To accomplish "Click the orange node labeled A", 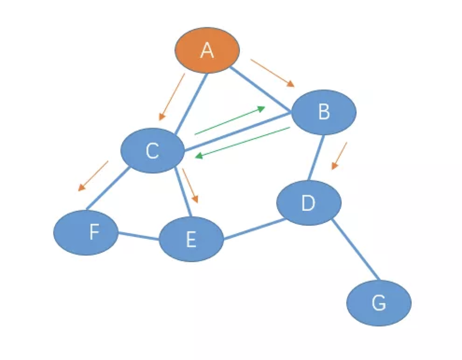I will pyautogui.click(x=207, y=50).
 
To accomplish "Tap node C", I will pyautogui.click(x=152, y=151).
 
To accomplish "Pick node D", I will pyautogui.click(x=308, y=202).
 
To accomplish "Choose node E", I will pyautogui.click(x=191, y=239).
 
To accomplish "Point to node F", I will pyautogui.click(x=86, y=232).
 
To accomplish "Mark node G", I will pyautogui.click(x=378, y=304).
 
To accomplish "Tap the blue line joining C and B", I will pyautogui.click(x=238, y=132).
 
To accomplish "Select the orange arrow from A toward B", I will pyautogui.click(x=273, y=73).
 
